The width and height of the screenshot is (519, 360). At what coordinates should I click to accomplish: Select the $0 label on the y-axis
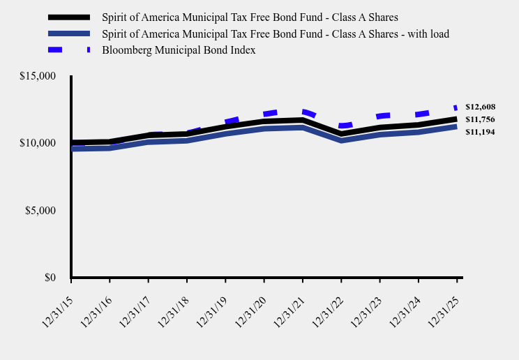(x=50, y=278)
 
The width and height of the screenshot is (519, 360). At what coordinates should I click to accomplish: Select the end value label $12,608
(x=480, y=107)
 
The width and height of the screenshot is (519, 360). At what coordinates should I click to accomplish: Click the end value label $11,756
(x=480, y=119)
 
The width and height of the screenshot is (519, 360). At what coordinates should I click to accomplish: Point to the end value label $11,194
(x=480, y=132)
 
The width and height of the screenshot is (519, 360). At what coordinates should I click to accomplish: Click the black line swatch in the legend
(x=69, y=17)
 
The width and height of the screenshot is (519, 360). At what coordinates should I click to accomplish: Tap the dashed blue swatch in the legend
(x=69, y=50)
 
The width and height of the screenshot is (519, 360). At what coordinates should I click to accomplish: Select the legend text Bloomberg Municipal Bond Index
(x=179, y=50)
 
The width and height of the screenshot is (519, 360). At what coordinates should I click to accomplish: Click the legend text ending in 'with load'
(x=276, y=33)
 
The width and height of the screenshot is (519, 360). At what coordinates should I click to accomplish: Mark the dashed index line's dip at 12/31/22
(x=341, y=126)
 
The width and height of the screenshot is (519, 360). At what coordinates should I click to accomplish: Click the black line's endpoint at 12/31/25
(x=456, y=119)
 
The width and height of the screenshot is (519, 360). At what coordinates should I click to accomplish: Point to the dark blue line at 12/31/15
(x=72, y=149)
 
